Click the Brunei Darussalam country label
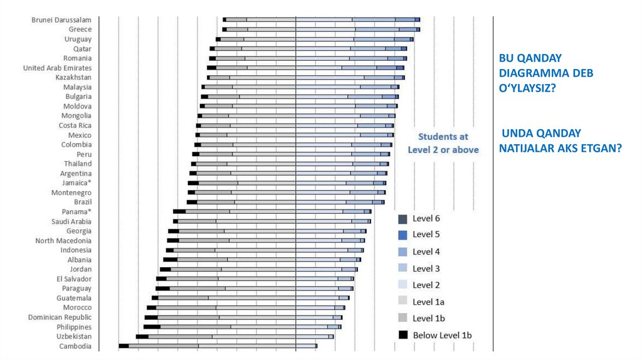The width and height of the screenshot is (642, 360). pos(61,20)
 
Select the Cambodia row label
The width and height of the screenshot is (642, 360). pos(75,346)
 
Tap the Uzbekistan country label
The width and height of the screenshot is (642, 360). pos(73,337)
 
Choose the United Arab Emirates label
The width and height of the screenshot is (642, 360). pos(57,68)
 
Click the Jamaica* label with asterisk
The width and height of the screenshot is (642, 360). pos(76,183)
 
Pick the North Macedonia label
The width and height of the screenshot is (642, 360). pos(63,240)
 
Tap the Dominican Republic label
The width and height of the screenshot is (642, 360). pos(60,317)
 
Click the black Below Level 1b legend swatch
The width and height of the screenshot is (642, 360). pos(403,335)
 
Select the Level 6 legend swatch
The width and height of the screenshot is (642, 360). pos(403,219)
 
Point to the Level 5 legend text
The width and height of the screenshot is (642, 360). pos(426,235)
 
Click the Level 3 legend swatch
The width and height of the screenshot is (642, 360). pos(403,268)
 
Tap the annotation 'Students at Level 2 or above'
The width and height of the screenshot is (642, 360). pos(443,143)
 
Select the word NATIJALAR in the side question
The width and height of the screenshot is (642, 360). pos(527,149)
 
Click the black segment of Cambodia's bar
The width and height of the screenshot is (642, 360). pos(124,346)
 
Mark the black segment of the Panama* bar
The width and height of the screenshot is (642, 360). pos(179,211)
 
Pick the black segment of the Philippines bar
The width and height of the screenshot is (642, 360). pos(152,327)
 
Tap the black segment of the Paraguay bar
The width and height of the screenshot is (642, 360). pos(162,289)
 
